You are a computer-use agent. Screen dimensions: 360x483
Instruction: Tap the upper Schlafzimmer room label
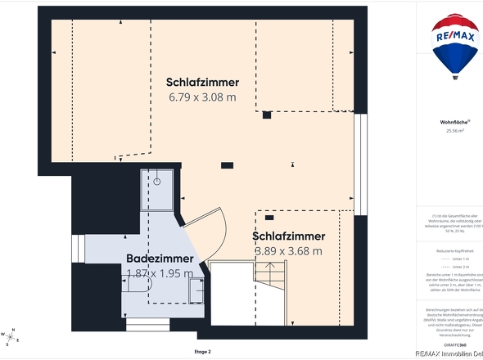point(202,83)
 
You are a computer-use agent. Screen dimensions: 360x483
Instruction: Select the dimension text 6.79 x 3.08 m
point(202,97)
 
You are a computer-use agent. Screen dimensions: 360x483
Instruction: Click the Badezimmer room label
point(160,259)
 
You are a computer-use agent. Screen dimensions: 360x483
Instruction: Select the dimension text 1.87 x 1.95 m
point(160,273)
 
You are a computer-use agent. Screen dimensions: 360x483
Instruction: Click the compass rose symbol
point(11,335)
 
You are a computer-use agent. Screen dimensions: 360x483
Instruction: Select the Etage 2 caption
point(202,351)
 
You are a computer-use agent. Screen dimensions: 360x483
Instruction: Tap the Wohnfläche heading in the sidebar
point(454,122)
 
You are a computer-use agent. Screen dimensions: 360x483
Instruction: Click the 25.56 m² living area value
point(454,130)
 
